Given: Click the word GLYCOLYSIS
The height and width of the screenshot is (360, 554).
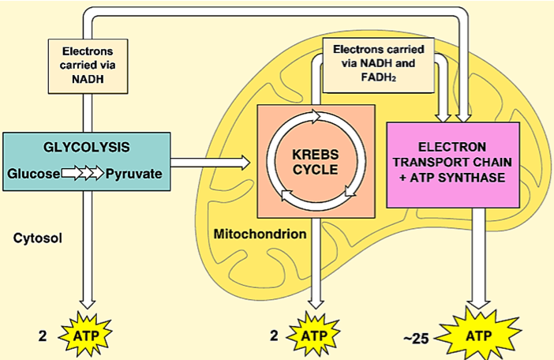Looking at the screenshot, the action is [87, 147].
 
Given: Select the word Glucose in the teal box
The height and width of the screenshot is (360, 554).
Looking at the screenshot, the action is [34, 174].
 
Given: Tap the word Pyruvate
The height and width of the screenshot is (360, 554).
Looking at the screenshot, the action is [134, 174].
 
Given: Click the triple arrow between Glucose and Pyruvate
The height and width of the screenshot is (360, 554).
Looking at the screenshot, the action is [83, 174].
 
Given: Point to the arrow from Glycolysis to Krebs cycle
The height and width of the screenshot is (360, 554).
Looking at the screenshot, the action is [211, 163].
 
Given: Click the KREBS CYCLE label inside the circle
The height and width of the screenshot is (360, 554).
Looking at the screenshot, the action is [316, 162].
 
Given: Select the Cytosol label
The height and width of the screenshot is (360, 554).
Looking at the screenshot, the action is [38, 238].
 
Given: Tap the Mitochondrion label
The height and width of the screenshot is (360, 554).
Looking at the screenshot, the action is [260, 234].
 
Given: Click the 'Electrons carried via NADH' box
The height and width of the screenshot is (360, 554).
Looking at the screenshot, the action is [88, 66].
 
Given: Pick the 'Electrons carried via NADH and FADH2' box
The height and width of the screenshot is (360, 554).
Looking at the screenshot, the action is [378, 66].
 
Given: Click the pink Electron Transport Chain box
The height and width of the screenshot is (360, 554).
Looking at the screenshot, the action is [453, 165].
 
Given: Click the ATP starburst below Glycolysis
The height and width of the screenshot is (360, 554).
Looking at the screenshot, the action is [85, 335].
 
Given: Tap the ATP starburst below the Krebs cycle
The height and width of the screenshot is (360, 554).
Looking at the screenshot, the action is [313, 335].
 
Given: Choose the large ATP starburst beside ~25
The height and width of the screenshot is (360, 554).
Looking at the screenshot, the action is [478, 335].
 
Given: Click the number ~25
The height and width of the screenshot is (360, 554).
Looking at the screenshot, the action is [416, 339].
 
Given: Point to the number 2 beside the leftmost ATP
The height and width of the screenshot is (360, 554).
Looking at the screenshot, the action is [43, 336].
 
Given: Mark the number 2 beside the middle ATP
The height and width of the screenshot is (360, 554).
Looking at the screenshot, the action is [274, 336].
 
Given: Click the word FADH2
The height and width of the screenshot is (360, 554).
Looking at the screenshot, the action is [378, 77].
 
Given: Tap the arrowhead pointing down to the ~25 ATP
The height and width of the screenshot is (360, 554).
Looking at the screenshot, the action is [478, 304].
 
